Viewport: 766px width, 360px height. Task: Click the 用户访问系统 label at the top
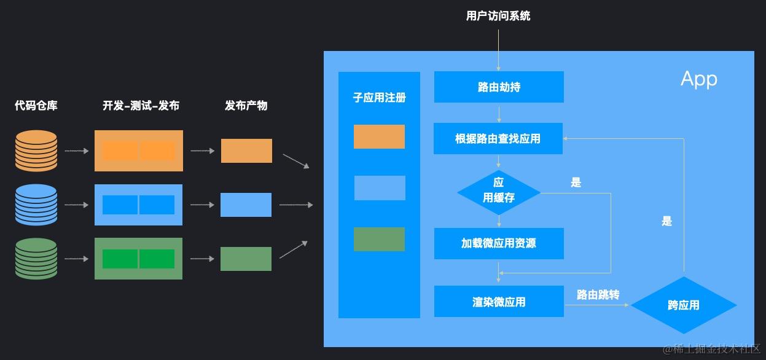tap(498, 16)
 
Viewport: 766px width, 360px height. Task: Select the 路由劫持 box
tap(499, 87)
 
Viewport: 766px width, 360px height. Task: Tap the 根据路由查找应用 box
tap(499, 139)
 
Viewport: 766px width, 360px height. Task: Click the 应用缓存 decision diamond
tap(499, 192)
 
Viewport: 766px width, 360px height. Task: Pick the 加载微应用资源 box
tap(499, 243)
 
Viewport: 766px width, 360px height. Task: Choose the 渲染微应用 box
tap(499, 302)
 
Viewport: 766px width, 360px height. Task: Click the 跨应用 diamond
tap(683, 305)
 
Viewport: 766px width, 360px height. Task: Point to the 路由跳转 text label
tap(598, 295)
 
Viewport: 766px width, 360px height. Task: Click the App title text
tap(698, 79)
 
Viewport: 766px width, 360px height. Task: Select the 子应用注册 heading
tap(379, 98)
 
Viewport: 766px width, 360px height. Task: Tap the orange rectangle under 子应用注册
tap(379, 136)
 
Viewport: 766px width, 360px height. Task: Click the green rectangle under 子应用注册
tap(379, 239)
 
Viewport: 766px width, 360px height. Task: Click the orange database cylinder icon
tap(36, 151)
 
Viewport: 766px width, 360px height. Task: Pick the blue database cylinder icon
tap(36, 205)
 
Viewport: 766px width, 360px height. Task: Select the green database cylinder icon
tap(36, 259)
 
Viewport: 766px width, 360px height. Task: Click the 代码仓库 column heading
tap(36, 106)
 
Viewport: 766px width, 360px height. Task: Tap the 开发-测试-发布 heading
tap(141, 106)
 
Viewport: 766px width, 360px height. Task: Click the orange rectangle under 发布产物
tap(246, 151)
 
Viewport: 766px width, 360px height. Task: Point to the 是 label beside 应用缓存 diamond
tap(576, 182)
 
